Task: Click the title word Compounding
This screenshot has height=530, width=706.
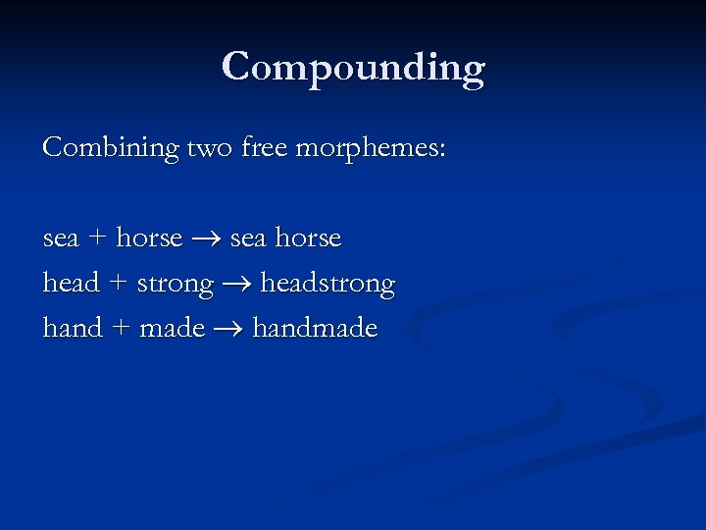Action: click(x=353, y=68)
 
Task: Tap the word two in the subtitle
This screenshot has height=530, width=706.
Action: click(x=206, y=149)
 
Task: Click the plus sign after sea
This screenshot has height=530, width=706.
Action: click(x=97, y=238)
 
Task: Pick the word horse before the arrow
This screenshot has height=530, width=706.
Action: click(x=149, y=238)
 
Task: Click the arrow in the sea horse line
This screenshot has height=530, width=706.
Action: click(x=206, y=238)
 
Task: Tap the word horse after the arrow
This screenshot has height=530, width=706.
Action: click(x=308, y=238)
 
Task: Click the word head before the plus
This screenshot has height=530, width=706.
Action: click(x=72, y=284)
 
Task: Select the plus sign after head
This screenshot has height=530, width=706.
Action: click(x=118, y=284)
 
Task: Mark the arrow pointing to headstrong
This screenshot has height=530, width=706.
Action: click(x=236, y=285)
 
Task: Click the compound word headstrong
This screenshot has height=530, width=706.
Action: click(x=328, y=285)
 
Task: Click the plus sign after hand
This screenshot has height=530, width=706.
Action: click(x=121, y=329)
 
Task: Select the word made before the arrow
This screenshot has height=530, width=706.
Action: click(x=173, y=328)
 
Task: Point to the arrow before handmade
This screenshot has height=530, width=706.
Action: click(x=228, y=329)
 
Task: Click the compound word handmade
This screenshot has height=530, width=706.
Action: click(x=315, y=328)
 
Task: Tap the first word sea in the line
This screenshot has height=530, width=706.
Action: click(x=61, y=238)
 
